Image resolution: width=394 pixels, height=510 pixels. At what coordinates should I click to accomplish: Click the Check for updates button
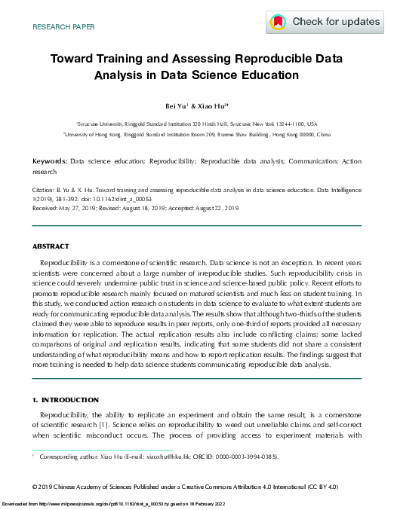coord(325,23)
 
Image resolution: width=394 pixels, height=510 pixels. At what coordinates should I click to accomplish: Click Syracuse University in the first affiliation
coord(101,124)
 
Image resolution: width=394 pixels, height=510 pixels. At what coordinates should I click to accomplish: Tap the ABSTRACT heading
coord(50,246)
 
